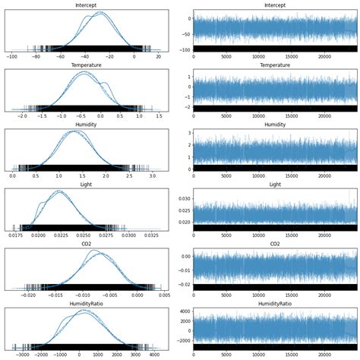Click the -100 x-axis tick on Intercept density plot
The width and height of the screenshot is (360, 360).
[13, 56]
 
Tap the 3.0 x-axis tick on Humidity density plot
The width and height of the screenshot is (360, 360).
[153, 175]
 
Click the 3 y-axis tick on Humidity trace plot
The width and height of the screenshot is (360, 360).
[188, 132]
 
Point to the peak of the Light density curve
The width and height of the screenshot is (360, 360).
[58, 191]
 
